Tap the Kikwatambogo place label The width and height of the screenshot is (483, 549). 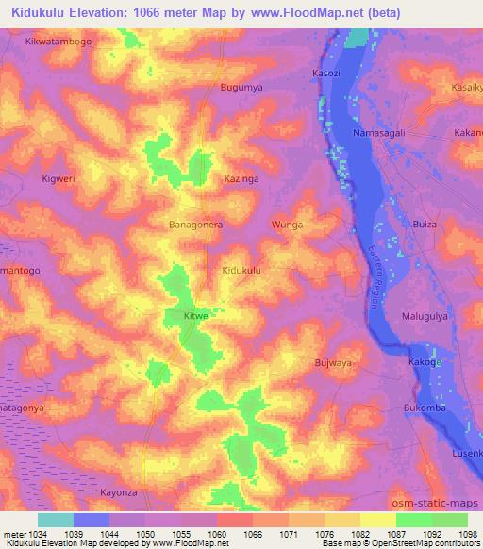point(60,42)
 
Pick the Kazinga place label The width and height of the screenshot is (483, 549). point(241,177)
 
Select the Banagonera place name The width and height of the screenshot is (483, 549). point(195,225)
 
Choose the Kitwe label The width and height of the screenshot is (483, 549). point(195,316)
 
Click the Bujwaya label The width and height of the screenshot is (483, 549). point(332,362)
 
